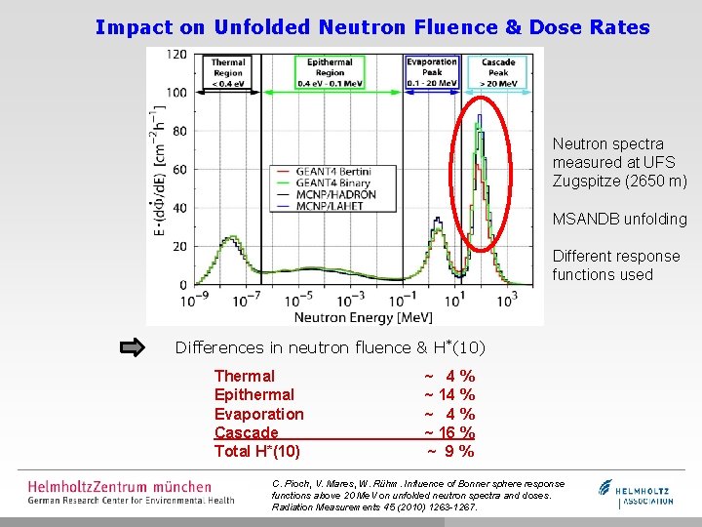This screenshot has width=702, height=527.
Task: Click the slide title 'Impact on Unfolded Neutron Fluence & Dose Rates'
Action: (372, 27)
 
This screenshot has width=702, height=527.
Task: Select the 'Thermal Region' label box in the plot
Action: (229, 72)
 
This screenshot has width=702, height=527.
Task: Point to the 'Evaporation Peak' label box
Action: (432, 72)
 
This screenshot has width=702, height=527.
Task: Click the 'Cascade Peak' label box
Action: (497, 72)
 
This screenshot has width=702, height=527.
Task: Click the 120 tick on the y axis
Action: (176, 54)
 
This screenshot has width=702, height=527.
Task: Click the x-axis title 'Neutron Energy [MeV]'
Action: (349, 317)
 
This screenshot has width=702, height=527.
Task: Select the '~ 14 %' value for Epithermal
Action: (448, 395)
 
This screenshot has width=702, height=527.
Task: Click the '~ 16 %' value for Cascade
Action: (448, 432)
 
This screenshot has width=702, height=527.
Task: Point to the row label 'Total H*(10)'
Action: (257, 451)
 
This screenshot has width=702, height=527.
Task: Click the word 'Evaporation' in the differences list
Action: (258, 414)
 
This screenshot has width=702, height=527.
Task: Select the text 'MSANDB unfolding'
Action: (619, 219)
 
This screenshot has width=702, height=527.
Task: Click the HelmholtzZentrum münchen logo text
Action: (119, 485)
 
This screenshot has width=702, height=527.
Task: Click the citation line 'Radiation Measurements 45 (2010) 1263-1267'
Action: (374, 507)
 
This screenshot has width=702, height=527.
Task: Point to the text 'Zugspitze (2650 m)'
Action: (619, 182)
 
